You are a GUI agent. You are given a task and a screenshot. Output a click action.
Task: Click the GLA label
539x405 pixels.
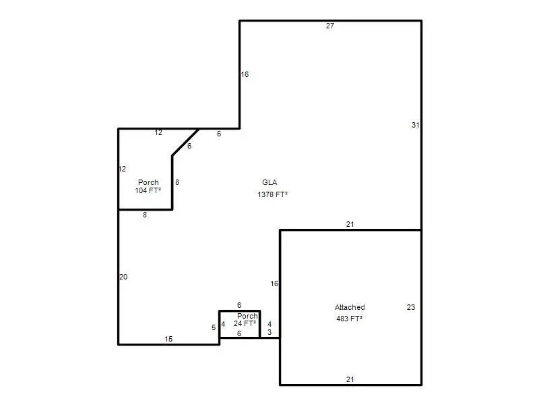(x=269, y=182)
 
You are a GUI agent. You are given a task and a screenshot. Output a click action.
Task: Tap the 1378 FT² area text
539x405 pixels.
(x=273, y=194)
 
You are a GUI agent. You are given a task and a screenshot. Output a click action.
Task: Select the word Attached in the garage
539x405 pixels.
(x=350, y=308)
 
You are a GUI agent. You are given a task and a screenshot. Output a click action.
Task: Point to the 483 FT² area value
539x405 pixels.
(x=349, y=319)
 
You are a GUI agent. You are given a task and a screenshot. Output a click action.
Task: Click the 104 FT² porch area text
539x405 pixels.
(x=148, y=191)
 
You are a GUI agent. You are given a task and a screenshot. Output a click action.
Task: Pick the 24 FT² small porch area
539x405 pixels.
(x=245, y=324)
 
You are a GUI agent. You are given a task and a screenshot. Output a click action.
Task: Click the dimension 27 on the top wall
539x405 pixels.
(x=330, y=26)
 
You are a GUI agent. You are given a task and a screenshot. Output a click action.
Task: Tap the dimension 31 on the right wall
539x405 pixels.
(x=416, y=125)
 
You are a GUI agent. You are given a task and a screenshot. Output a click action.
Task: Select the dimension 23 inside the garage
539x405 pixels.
(x=411, y=308)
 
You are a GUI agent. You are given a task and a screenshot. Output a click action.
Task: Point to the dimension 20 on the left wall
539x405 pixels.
(x=123, y=277)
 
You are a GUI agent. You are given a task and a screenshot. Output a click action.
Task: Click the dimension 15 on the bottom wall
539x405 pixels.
(x=168, y=339)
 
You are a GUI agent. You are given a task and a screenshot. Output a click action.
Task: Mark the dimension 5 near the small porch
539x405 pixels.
(x=214, y=328)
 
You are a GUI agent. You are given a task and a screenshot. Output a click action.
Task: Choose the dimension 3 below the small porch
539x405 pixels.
(x=269, y=333)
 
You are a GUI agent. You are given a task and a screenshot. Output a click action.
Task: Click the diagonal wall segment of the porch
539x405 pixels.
(x=185, y=142)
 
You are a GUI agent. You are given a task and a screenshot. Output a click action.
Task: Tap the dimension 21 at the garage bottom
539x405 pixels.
(x=350, y=379)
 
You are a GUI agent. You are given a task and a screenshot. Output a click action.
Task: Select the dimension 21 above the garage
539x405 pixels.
(x=350, y=224)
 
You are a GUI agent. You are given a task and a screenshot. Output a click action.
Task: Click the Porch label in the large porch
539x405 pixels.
(x=148, y=182)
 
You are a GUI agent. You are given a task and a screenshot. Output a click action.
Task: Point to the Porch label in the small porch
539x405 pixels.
(x=248, y=316)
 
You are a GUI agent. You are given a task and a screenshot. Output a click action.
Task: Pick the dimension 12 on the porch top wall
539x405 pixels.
(x=158, y=133)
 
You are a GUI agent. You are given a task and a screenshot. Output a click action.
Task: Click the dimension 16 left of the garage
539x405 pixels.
(x=274, y=283)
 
